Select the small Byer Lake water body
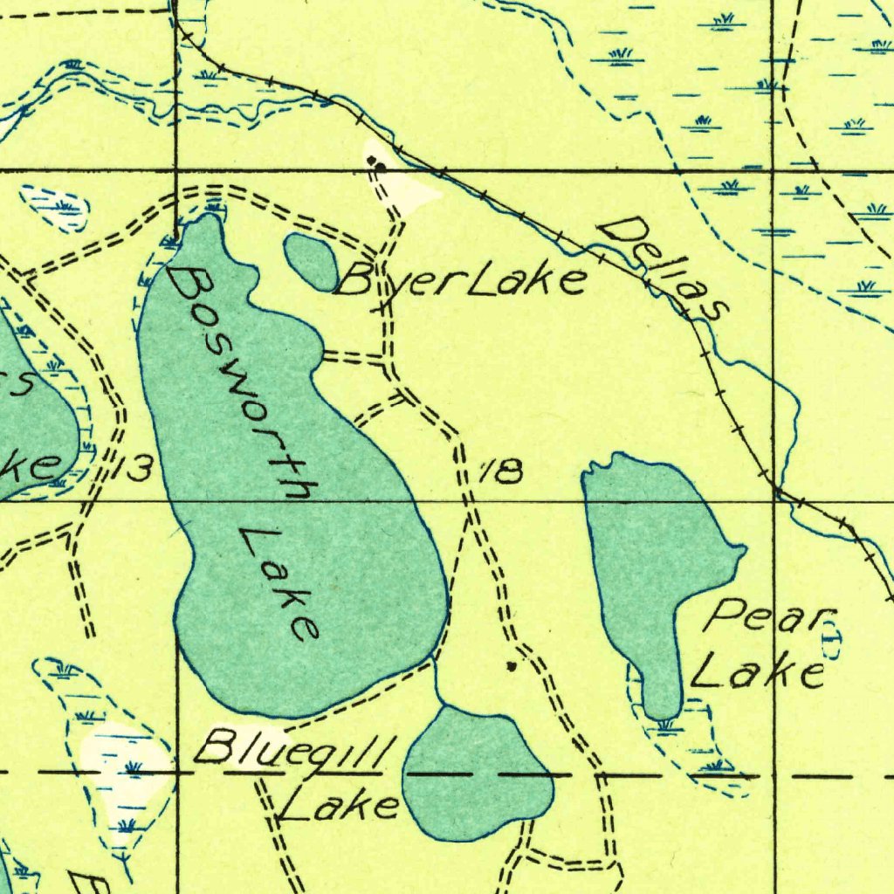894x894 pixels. (x=312, y=260)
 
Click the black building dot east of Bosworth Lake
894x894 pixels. (x=512, y=666)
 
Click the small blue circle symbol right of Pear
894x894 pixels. (x=829, y=644)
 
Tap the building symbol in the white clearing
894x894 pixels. (x=376, y=162)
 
